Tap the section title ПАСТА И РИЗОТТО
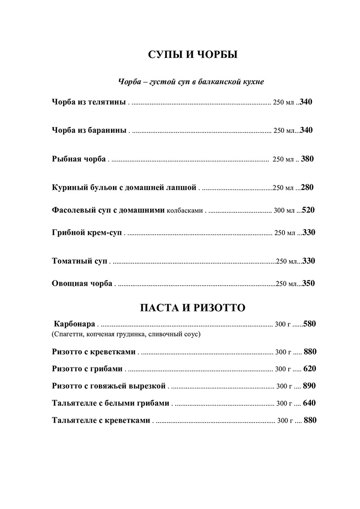pos(192,308)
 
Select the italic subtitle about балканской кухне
pos(191,82)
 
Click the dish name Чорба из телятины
pos(89,102)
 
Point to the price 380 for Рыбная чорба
pos(307,159)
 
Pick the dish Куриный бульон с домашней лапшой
pos(124,187)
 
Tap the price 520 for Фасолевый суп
pos(308,210)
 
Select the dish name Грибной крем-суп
pos(86,233)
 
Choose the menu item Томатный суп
pos(79,261)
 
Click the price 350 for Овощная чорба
pos(308,283)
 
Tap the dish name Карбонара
pos(74,324)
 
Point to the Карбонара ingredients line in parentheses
pos(126,334)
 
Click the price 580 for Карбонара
pos(309,324)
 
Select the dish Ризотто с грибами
pos(87,369)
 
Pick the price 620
pos(310,369)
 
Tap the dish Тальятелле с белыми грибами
pos(110,403)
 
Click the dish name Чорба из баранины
pos(89,130)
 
